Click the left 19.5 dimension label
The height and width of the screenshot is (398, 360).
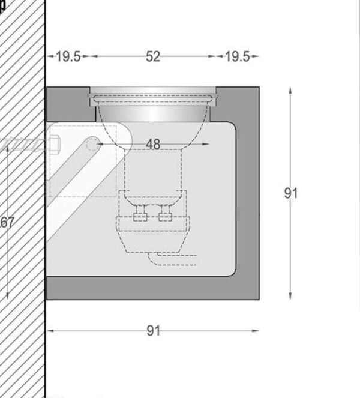[68, 56]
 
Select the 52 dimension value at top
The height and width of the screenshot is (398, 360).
[153, 56]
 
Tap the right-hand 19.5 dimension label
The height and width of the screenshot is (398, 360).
[238, 56]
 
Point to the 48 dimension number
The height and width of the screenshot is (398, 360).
[153, 145]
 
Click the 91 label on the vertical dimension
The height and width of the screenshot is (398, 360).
[291, 193]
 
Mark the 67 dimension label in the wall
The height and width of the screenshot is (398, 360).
[7, 222]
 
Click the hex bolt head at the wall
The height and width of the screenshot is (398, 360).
[55, 145]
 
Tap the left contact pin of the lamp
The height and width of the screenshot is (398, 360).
[140, 213]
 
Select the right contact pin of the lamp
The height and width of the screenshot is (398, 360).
[166, 213]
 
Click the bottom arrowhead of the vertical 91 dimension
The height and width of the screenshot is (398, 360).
[290, 296]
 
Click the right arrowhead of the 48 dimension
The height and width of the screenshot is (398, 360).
[206, 144]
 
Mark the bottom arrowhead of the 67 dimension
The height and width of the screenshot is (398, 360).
[7, 295]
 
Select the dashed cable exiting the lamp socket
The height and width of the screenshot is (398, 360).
[173, 259]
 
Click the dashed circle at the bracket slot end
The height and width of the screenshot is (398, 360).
[93, 144]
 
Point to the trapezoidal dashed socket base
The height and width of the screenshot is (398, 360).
[153, 242]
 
